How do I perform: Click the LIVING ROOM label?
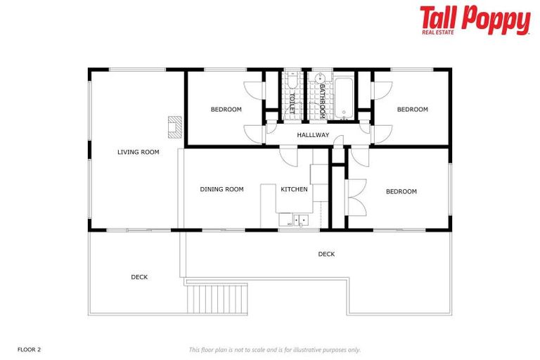pyautogui.click(x=138, y=152)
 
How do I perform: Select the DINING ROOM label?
pyautogui.click(x=221, y=189)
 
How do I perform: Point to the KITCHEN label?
pyautogui.click(x=294, y=189)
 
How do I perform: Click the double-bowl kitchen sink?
pyautogui.click(x=300, y=221)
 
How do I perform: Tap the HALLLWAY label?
pyautogui.click(x=313, y=135)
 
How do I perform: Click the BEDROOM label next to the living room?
pyautogui.click(x=226, y=110)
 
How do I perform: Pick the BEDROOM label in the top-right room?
pyautogui.click(x=412, y=110)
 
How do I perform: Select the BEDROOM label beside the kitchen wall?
pyautogui.click(x=401, y=191)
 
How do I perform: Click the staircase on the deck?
pyautogui.click(x=217, y=298)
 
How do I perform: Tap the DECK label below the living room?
pyautogui.click(x=139, y=277)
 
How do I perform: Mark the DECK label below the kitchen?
pyautogui.click(x=326, y=254)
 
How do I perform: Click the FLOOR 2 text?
pyautogui.click(x=30, y=349)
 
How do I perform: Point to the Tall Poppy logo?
pyautogui.click(x=475, y=20)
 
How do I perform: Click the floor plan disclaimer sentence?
pyautogui.click(x=275, y=349)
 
